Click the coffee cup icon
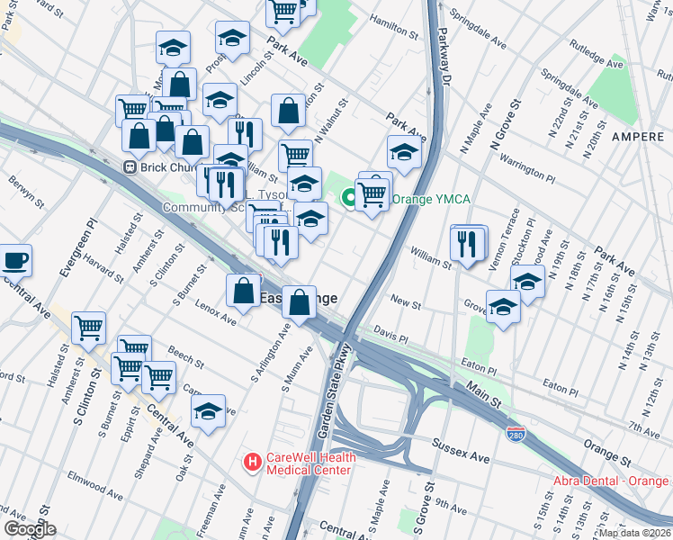click(x=15, y=261)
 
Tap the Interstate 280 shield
click(x=516, y=435)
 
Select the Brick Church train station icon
click(x=130, y=166)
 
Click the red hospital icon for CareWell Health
click(x=253, y=463)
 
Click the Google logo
click(x=30, y=529)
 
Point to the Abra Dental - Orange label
click(x=613, y=481)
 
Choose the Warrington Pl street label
click(x=528, y=166)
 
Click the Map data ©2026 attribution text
click(x=634, y=533)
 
